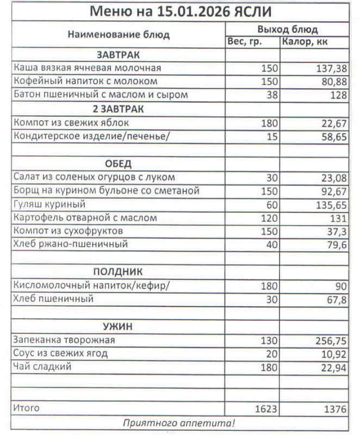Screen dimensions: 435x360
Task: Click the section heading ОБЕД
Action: click(118, 164)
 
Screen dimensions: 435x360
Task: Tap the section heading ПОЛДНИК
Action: click(118, 272)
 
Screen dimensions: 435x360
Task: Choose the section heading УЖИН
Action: click(118, 327)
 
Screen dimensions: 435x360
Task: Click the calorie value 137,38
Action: click(331, 69)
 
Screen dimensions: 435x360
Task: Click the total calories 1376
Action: click(335, 408)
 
